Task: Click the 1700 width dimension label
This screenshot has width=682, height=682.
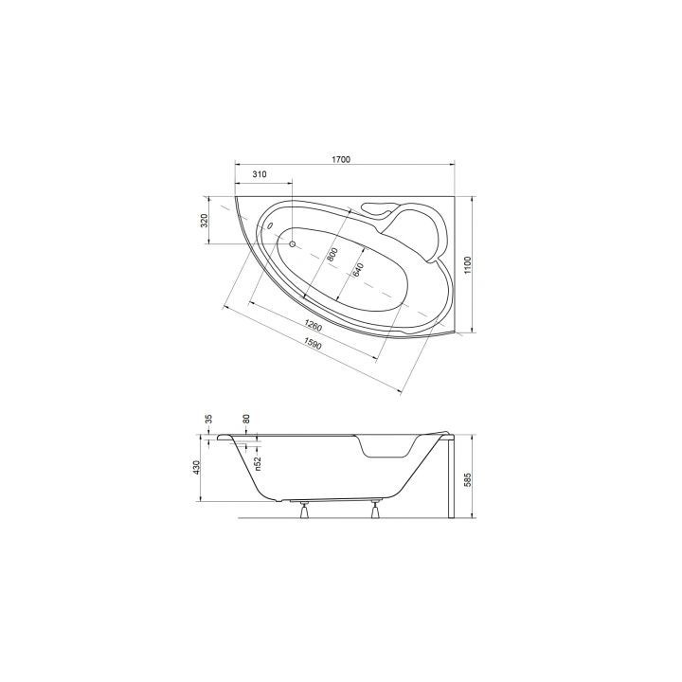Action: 341,160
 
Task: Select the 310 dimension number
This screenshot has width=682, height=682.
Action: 260,174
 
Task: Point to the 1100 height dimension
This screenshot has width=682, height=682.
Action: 468,265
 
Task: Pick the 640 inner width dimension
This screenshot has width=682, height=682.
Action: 357,270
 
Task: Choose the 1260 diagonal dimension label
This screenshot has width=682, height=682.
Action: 313,325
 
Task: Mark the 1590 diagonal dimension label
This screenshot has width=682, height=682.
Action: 313,344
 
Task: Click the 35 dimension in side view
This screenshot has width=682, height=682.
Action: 208,419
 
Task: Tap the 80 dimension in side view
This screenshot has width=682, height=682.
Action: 246,419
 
